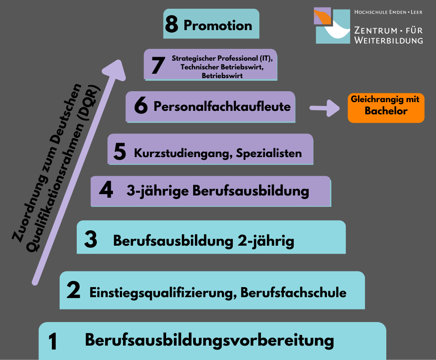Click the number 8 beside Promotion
(171, 24)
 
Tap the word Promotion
(218, 25)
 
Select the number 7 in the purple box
(158, 65)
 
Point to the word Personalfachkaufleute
(222, 106)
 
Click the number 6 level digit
(141, 105)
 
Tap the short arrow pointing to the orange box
(324, 108)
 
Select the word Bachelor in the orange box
(386, 111)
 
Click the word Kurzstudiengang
(183, 154)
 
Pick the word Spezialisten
(269, 153)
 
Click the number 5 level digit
(120, 151)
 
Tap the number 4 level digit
(106, 189)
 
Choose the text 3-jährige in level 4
(158, 191)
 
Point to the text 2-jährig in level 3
(266, 241)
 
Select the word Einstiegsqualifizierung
(163, 293)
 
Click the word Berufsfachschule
(293, 292)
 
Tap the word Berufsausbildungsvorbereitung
(209, 340)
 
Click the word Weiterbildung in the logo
(388, 40)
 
